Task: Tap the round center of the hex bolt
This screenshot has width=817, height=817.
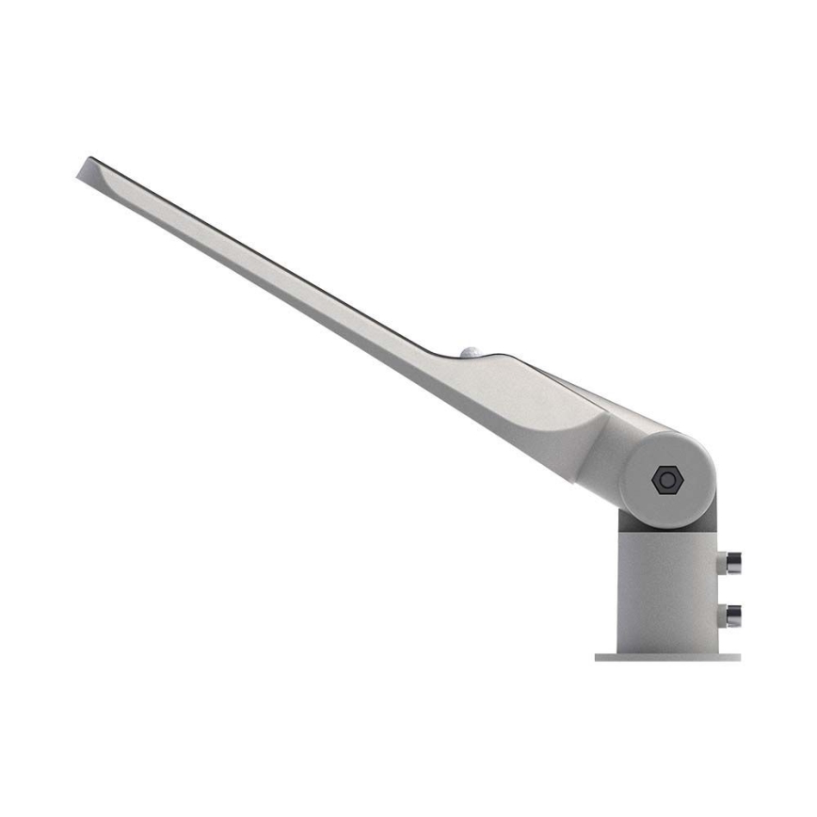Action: [x=667, y=480]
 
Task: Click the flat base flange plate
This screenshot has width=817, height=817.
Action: [x=667, y=657]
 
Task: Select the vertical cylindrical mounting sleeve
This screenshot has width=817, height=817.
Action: [x=665, y=584]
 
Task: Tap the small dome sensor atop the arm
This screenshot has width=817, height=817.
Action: [x=472, y=352]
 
